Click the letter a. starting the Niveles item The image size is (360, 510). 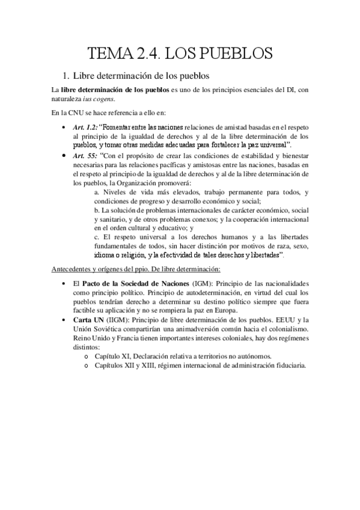pyautogui.click(x=97, y=192)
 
